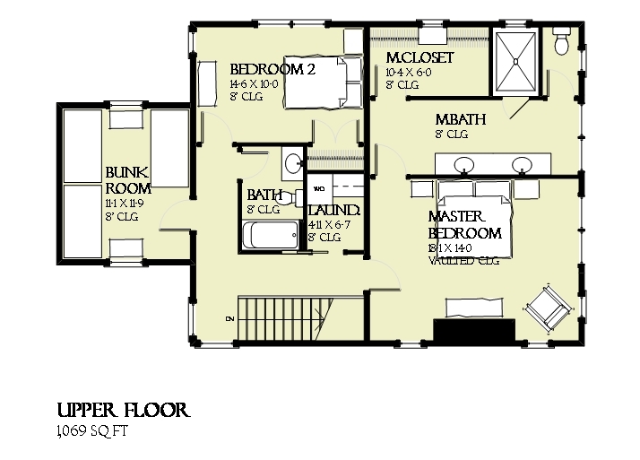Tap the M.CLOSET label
[x=419, y=58]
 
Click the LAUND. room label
[x=333, y=212]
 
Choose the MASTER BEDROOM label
[x=463, y=225]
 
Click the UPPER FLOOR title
[x=122, y=411]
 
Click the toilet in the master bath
[x=563, y=41]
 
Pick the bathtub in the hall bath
[x=271, y=237]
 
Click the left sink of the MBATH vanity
[x=465, y=165]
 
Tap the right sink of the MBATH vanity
[x=521, y=165]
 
